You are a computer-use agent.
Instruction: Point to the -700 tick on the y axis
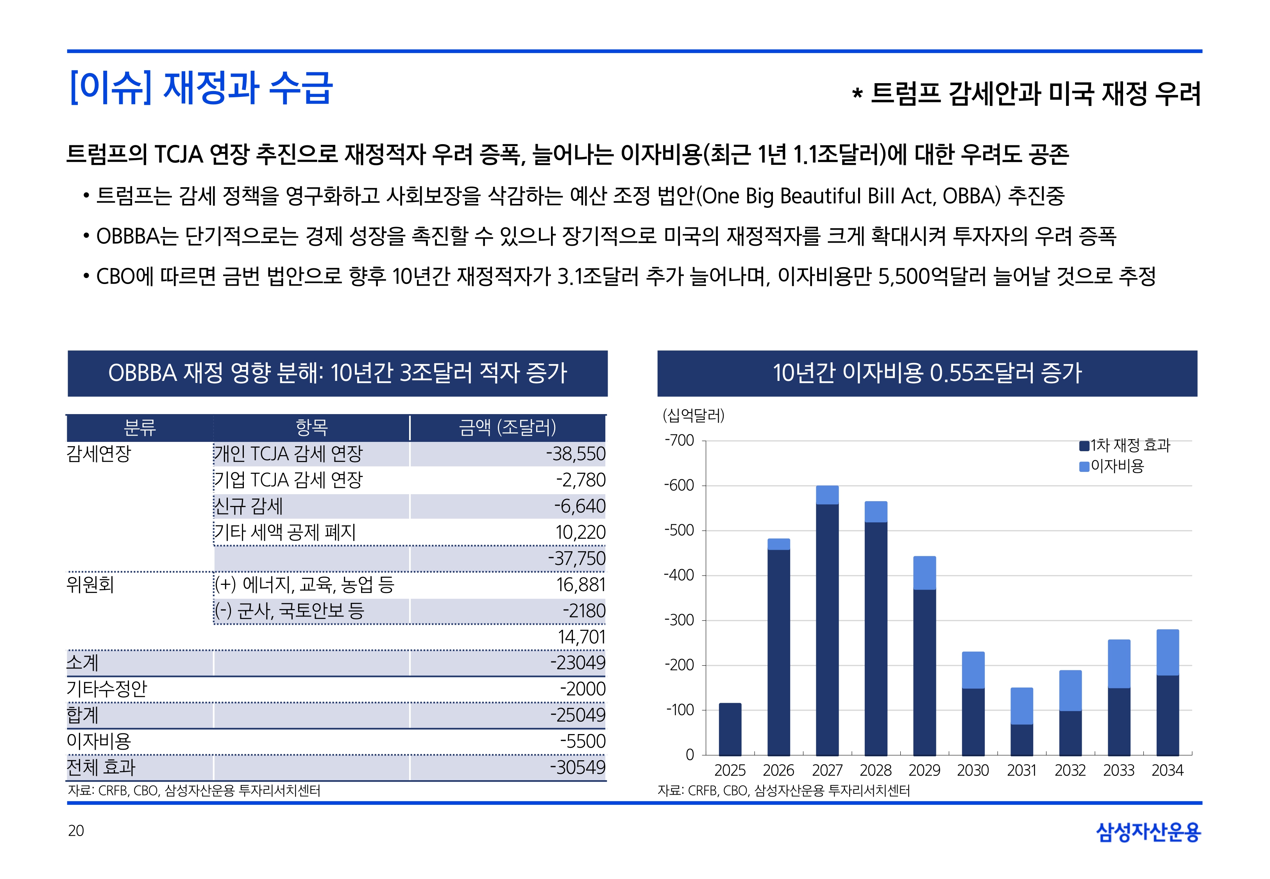679,441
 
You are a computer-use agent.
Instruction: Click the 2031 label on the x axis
1021,770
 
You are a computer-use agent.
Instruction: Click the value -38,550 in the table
576,454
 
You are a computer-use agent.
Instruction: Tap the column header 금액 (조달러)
507,427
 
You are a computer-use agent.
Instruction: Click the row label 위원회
90,584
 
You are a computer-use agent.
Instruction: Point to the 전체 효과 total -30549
578,767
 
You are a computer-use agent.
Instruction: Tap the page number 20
76,831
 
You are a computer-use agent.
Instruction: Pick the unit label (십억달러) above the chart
693,415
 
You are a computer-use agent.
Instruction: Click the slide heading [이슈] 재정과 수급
201,88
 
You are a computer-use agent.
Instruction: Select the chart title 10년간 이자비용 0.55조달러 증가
927,373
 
